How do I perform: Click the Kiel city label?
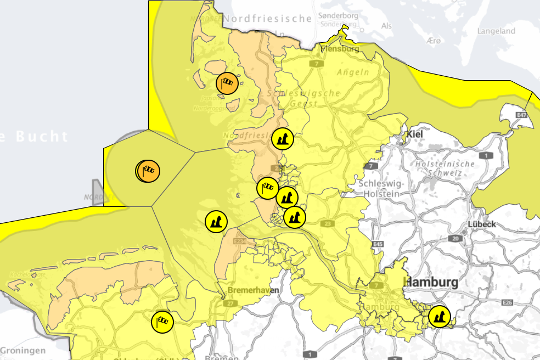coord(415,134)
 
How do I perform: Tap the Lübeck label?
coord(482,224)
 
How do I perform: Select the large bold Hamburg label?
coord(431,282)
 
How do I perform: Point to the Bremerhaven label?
coord(253,290)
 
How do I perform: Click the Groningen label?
coord(22,350)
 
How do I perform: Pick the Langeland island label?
coord(496,31)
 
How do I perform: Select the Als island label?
coord(387,26)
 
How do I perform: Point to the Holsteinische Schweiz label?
coord(445,168)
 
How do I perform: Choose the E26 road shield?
coord(506,303)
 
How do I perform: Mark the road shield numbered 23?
coord(328,223)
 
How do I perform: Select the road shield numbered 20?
coord(455,238)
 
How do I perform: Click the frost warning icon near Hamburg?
coord(439,317)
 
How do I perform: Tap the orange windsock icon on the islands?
coord(227,83)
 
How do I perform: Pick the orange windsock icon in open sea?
coord(149,171)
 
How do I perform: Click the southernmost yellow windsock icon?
coord(162,322)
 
